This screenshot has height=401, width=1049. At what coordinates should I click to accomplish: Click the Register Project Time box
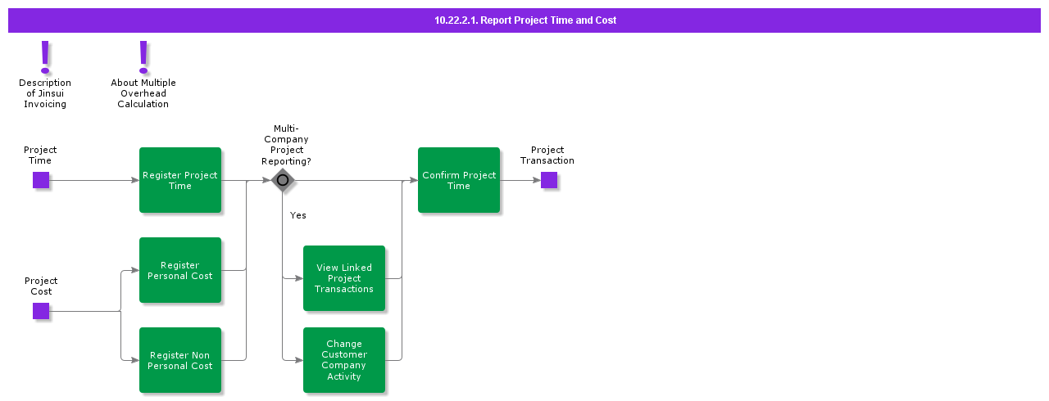[x=180, y=180]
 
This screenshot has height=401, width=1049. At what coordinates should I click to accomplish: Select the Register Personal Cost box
[x=180, y=270]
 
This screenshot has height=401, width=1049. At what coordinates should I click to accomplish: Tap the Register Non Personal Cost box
[x=180, y=360]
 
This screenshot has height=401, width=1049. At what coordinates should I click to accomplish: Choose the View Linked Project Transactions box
[x=344, y=278]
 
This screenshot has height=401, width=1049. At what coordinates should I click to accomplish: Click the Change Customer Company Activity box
[x=344, y=360]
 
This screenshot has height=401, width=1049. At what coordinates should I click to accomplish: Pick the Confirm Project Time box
[x=459, y=180]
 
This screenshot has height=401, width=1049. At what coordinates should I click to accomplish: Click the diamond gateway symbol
[x=283, y=180]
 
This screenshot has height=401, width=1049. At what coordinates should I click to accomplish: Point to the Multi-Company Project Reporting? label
[x=286, y=145]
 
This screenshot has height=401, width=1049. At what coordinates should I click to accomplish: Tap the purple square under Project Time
[x=41, y=180]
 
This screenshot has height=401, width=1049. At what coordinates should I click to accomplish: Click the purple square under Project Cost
[x=41, y=311]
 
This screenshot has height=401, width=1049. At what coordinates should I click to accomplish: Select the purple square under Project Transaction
[x=549, y=180]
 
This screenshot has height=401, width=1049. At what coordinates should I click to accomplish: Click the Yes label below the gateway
[x=298, y=215]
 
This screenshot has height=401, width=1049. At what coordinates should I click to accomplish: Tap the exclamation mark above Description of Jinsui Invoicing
[x=45, y=56]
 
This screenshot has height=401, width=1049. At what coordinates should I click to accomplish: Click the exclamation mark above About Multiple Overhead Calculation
[x=143, y=56]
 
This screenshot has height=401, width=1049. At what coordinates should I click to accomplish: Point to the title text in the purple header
[x=525, y=20]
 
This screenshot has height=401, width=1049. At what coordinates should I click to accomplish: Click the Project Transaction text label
[x=547, y=155]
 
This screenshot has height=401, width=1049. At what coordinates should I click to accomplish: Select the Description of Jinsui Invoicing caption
[x=45, y=93]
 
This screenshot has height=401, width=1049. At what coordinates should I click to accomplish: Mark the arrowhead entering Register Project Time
[x=135, y=180]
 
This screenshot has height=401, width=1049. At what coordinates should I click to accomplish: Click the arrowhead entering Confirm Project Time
[x=414, y=180]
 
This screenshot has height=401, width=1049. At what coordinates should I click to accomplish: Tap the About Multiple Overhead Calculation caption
[x=143, y=93]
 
